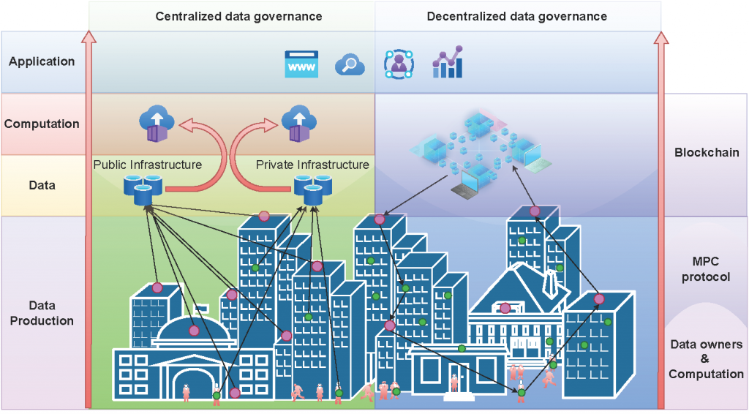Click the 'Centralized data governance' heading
[x=238, y=16]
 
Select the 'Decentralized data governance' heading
[x=517, y=16]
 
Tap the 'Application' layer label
[x=42, y=61]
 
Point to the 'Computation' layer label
[x=42, y=124]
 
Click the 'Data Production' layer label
[x=42, y=313]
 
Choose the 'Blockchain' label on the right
[x=707, y=153]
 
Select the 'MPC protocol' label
[x=707, y=269]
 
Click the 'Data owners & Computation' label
[x=706, y=359]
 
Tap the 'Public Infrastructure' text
[x=147, y=165]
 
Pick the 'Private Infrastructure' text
[x=312, y=165]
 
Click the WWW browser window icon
[x=301, y=64]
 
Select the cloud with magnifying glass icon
[x=350, y=65]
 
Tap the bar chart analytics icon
[x=448, y=62]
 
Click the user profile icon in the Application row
[x=399, y=64]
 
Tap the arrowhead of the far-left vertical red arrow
[x=89, y=37]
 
